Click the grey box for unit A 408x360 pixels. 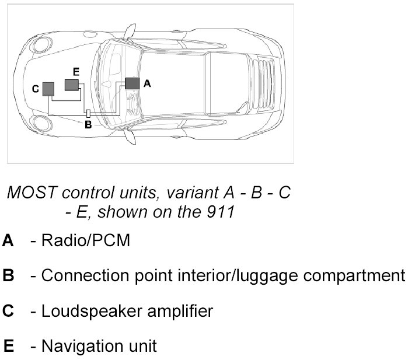point(132,83)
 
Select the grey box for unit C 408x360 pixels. point(48,89)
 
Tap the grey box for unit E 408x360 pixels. point(72,85)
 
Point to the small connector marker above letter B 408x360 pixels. point(88,113)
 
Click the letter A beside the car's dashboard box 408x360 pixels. point(147,84)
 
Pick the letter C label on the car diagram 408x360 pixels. point(36,89)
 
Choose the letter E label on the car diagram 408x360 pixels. point(76,71)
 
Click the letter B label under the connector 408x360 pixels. point(88,124)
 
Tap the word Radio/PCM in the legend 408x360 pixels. point(86,241)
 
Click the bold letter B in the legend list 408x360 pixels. point(8,276)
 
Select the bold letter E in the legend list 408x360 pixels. point(8,346)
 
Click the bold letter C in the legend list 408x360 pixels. point(8,311)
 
